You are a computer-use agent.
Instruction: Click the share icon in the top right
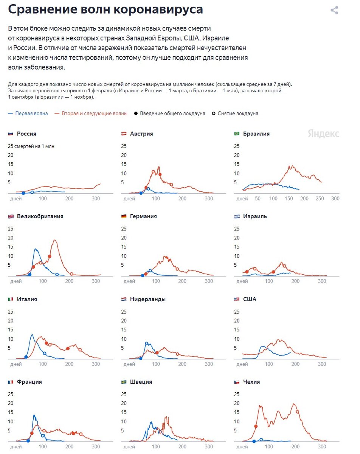coord(334,10)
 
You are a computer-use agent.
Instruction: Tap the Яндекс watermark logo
coord(323,134)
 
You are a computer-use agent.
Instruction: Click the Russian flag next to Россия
coord(11,134)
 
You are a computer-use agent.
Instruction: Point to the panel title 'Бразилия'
coord(256,134)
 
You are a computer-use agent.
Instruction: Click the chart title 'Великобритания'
coord(40,216)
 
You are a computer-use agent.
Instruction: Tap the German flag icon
coord(124,216)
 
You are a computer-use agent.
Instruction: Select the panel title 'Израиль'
coord(255,216)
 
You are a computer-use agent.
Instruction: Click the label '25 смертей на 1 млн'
coord(33,146)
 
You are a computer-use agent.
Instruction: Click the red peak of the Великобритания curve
coord(55,240)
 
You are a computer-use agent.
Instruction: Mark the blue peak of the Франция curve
coord(34,415)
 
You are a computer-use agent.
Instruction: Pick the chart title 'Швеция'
coord(141,382)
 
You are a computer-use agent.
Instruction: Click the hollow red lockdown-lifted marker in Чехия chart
coord(297,412)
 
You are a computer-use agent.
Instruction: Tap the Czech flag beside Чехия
coord(237,382)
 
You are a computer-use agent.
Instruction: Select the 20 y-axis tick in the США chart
coord(237,321)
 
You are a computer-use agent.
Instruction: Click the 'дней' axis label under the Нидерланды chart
coord(129,364)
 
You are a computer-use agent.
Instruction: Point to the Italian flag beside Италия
coord(11,299)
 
